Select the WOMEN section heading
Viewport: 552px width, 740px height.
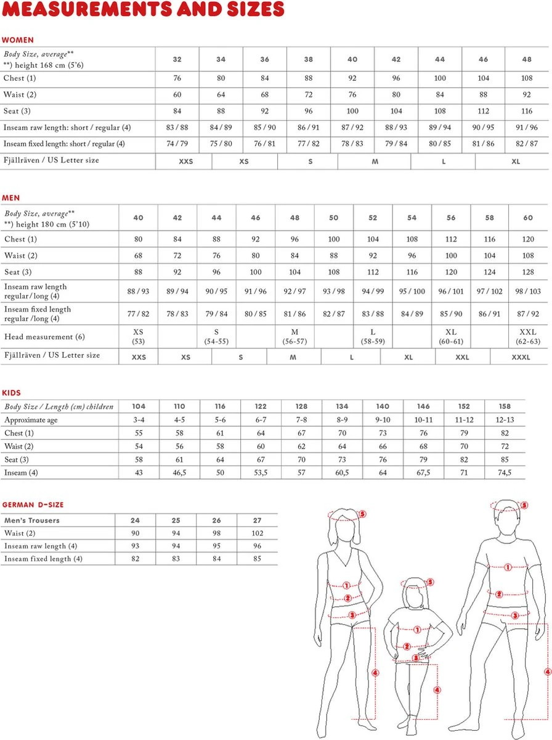[x=18, y=40]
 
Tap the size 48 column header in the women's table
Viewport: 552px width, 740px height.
[x=526, y=59]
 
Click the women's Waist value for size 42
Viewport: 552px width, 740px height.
[x=396, y=95]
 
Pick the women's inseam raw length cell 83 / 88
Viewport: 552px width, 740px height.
[x=177, y=128]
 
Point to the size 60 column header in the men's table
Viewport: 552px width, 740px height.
[x=528, y=218]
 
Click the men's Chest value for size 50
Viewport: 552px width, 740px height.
[x=333, y=239]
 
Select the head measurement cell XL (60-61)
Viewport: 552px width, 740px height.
[x=451, y=337]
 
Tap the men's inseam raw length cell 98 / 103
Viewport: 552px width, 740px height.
[x=528, y=291]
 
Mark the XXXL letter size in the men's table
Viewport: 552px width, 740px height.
[x=521, y=357]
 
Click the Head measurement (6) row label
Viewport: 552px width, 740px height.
[x=44, y=337]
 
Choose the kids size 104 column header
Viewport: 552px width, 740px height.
[x=139, y=406]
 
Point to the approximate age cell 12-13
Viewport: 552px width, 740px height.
[x=505, y=419]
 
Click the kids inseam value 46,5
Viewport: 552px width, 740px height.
[x=179, y=472]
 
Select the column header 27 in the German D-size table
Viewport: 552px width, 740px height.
[x=258, y=520]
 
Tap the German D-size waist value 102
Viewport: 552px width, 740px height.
[x=258, y=533]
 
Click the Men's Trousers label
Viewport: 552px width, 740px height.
[x=32, y=520]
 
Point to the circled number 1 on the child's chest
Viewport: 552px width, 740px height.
[x=417, y=630]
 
